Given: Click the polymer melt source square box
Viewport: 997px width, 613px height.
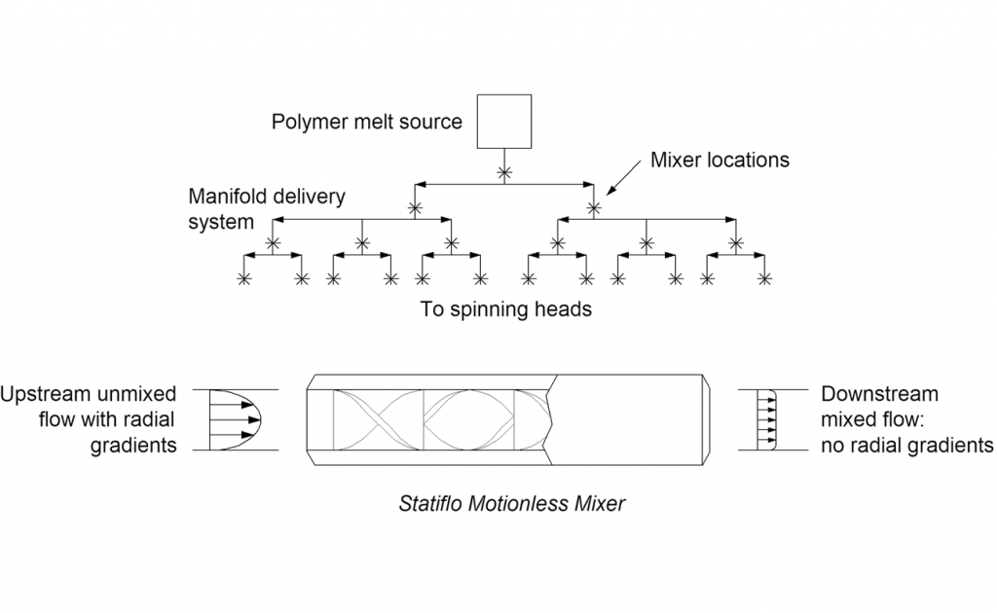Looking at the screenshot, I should pyautogui.click(x=504, y=122).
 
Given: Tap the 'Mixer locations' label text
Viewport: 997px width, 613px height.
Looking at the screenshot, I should pyautogui.click(x=720, y=159).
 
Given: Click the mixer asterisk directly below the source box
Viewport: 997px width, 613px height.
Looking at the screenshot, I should pyautogui.click(x=504, y=172).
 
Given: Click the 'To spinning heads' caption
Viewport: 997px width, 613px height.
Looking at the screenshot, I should pyautogui.click(x=505, y=309).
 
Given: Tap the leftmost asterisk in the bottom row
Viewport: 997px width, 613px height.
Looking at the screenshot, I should pyautogui.click(x=243, y=278).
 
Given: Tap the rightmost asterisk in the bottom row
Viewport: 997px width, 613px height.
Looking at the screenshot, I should pyautogui.click(x=765, y=278).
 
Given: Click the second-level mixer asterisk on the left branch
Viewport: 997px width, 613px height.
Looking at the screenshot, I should pyautogui.click(x=416, y=208).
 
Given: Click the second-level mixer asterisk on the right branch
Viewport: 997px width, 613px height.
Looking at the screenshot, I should pyautogui.click(x=593, y=208).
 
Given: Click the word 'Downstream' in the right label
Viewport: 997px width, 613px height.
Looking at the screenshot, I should pyautogui.click(x=879, y=395).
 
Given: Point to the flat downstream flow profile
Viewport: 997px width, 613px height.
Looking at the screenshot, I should pyautogui.click(x=766, y=420).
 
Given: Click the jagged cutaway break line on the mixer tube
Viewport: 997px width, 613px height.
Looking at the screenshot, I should pyautogui.click(x=551, y=420).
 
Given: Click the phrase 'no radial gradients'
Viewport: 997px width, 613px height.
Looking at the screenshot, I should pyautogui.click(x=906, y=446).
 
